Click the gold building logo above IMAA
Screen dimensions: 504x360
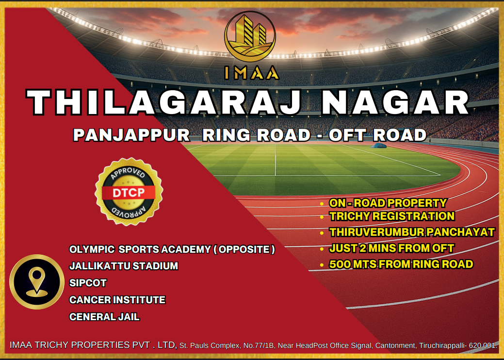click(x=250, y=36)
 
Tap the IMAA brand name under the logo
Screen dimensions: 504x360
click(x=251, y=73)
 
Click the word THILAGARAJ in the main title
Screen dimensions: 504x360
click(x=163, y=102)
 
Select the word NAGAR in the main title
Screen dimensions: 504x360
click(x=396, y=102)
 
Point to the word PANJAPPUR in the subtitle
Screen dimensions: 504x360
click(x=131, y=135)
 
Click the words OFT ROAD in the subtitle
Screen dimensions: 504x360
click(x=377, y=135)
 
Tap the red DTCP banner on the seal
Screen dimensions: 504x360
click(x=129, y=193)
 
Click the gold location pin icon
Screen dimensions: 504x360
click(x=37, y=281)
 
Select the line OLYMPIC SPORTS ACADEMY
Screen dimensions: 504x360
click(x=172, y=249)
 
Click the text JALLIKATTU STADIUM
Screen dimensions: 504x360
click(x=124, y=266)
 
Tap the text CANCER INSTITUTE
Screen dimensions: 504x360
click(x=117, y=300)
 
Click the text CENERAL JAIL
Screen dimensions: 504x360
click(x=104, y=317)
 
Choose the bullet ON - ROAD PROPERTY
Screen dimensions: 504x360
click(x=388, y=203)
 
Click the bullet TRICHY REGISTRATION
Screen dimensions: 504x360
click(x=392, y=216)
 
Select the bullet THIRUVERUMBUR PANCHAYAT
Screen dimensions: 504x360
click(x=412, y=232)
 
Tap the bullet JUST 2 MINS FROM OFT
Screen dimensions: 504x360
click(x=391, y=248)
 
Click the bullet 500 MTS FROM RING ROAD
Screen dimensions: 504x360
click(x=401, y=264)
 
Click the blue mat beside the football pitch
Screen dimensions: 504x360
click(x=379, y=146)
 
